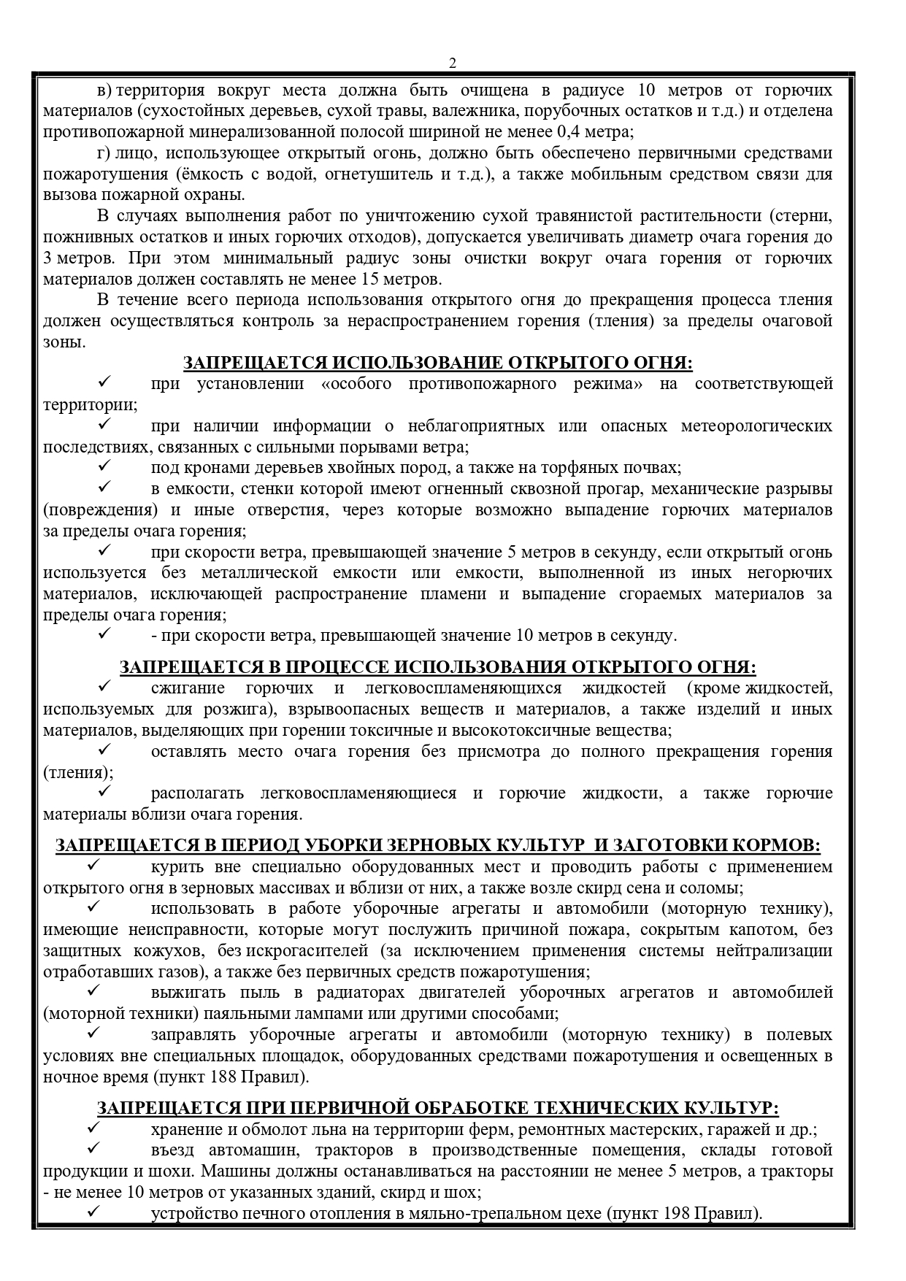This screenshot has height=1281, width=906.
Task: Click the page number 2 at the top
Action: pyautogui.click(x=452, y=64)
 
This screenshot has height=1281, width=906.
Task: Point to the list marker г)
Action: pyautogui.click(x=103, y=153)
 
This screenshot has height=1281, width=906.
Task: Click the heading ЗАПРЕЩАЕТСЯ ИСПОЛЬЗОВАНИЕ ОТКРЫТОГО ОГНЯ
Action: pyautogui.click(x=437, y=363)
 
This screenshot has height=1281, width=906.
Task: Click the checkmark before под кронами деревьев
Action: pyautogui.click(x=103, y=467)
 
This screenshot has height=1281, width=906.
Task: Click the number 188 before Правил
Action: pyautogui.click(x=224, y=1077)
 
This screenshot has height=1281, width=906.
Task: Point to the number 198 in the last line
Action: pyautogui.click(x=677, y=1214)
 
